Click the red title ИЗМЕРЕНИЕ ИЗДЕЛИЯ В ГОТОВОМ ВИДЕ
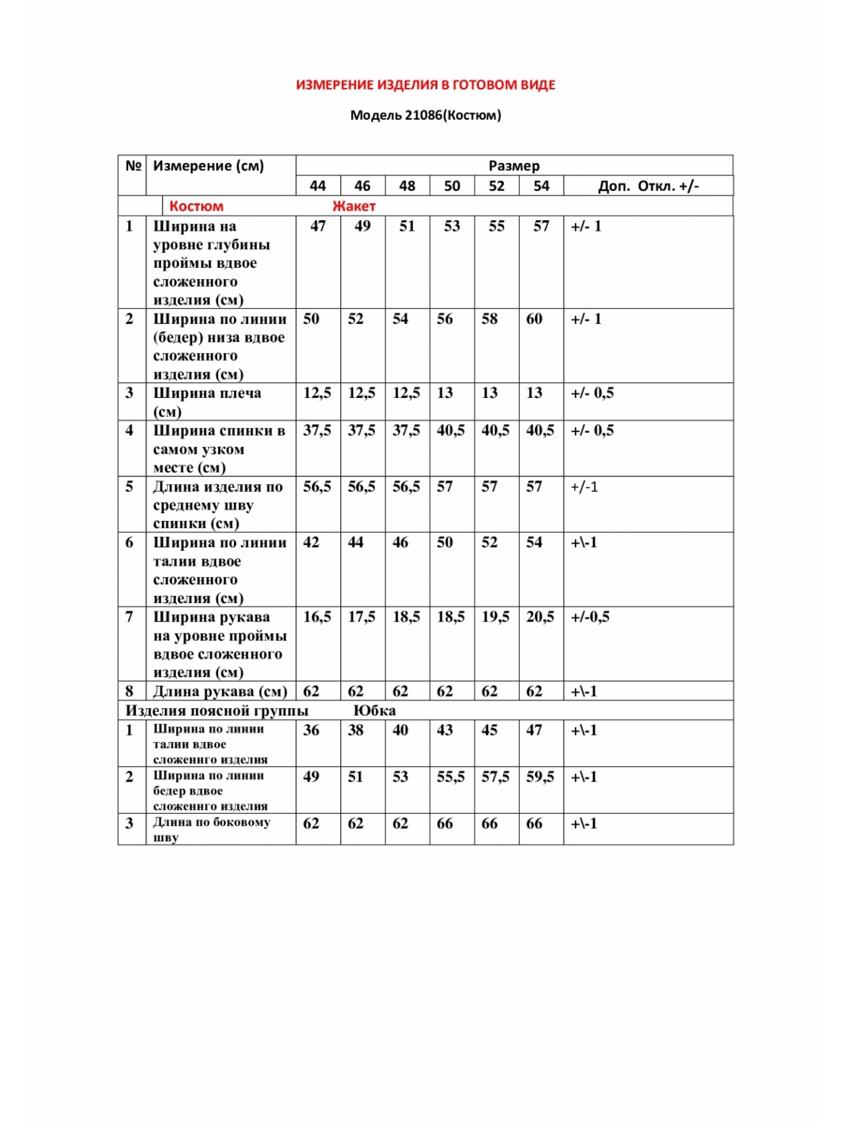click(425, 85)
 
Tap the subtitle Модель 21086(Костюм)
click(425, 116)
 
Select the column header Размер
click(514, 166)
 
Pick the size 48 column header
click(407, 186)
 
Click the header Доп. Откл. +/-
click(648, 186)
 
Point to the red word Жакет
click(354, 206)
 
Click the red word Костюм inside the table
click(196, 206)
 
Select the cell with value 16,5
click(318, 617)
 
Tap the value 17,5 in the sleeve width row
click(362, 617)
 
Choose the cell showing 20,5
click(540, 617)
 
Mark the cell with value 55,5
click(451, 776)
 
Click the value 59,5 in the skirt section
click(540, 776)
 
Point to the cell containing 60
click(534, 319)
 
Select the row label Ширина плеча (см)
click(208, 402)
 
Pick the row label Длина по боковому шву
click(212, 830)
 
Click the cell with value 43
click(445, 731)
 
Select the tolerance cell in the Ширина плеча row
click(592, 393)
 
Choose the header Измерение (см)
click(209, 166)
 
